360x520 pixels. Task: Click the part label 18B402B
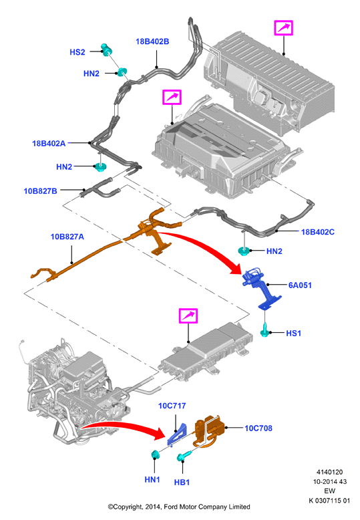pos(152,41)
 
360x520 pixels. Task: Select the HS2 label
pos(77,52)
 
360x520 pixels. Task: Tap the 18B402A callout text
pos(49,143)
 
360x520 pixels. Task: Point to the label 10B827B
pos(41,191)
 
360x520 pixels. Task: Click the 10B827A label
pos(67,237)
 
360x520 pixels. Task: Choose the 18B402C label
pos(317,232)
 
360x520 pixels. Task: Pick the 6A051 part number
pos(300,285)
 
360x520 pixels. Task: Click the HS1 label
pos(293,333)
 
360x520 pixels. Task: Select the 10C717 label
pos(172,406)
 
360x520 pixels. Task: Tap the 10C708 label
pos(258,428)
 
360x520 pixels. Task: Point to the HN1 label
pos(152,479)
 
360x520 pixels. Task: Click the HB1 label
pos(182,482)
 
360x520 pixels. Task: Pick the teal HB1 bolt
pos(184,456)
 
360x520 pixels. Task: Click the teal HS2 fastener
pos(106,49)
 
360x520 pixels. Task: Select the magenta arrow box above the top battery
pos(283,27)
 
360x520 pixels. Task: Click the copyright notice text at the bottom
pos(179,507)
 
